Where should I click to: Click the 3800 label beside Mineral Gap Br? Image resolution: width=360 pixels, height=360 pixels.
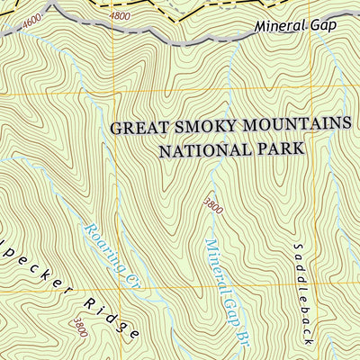tap(212, 206)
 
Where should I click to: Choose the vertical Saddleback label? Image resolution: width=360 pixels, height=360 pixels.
tap(303, 292)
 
